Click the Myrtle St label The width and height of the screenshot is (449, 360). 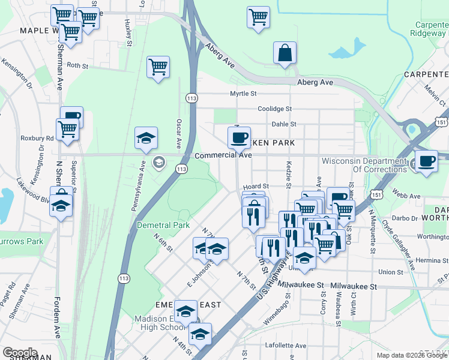point(243,94)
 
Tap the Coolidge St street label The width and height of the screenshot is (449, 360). point(274,109)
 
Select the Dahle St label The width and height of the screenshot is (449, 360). point(284,124)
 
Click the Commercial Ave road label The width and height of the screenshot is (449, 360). point(223,155)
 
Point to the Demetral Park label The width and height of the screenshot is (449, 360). point(163,225)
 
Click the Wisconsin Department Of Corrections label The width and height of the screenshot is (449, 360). point(364,165)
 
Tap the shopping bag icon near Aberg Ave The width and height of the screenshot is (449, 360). point(285,53)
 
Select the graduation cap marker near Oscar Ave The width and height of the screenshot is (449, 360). point(146,139)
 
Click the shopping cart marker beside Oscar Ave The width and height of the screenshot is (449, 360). point(158,67)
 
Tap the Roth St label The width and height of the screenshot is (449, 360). point(77,65)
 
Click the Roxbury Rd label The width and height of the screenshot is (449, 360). point(37,137)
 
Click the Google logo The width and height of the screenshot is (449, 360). point(20,353)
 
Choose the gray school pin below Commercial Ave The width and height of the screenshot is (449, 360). point(159,161)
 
